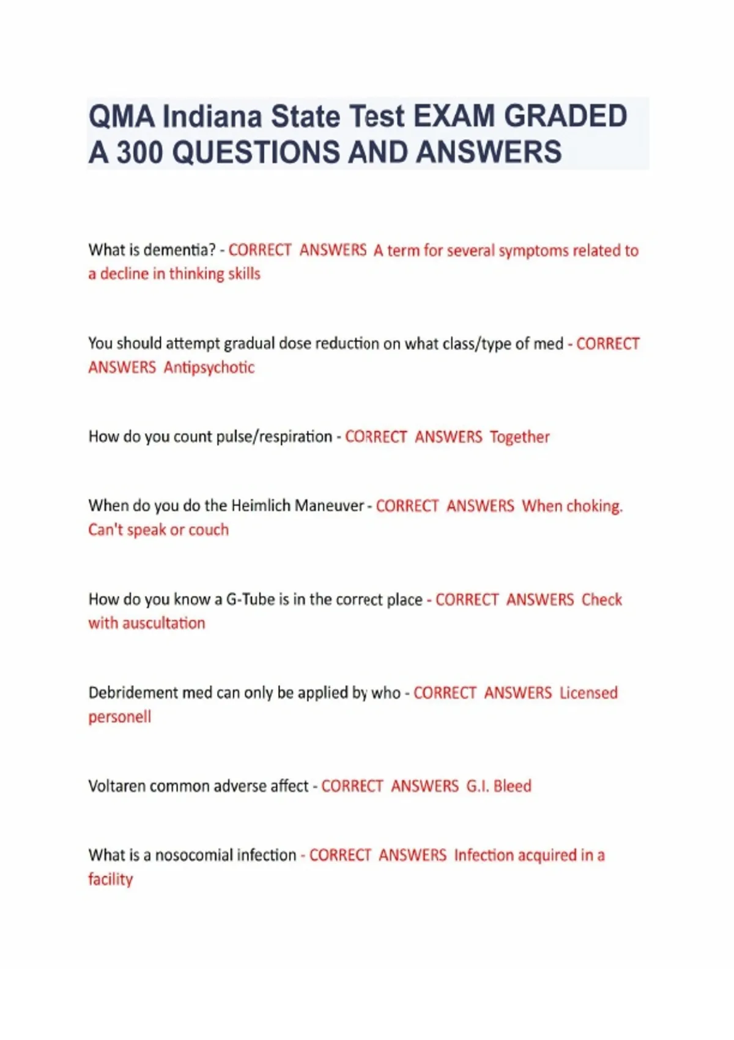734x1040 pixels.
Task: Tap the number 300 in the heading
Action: [141, 152]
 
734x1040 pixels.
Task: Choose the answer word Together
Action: [519, 437]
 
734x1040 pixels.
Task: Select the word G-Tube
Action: [250, 600]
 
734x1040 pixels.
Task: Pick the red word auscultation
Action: [163, 623]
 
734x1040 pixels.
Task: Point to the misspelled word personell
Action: [119, 717]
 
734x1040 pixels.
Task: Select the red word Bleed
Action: [512, 786]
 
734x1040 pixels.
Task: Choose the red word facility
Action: [110, 880]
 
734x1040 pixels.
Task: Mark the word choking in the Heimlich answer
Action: [593, 507]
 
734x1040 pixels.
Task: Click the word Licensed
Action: [588, 693]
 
